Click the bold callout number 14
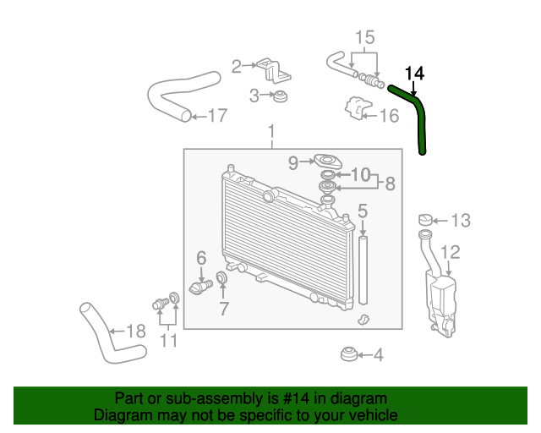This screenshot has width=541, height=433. [414, 74]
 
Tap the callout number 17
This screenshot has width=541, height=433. [218, 115]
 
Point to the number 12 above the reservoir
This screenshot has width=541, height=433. [451, 252]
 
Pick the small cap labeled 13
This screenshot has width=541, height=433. [426, 219]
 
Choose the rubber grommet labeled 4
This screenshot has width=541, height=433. [349, 354]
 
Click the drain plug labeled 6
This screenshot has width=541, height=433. [200, 287]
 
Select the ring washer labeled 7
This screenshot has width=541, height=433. [221, 277]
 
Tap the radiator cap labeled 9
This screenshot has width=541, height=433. [327, 162]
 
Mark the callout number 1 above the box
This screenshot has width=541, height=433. [272, 132]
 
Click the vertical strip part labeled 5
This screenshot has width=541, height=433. [363, 270]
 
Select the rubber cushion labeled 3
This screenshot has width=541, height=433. [280, 96]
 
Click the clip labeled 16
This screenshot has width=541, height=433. [358, 108]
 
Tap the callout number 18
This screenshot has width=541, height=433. [136, 332]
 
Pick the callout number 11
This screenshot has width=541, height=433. [169, 341]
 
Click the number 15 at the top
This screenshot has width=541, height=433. [365, 37]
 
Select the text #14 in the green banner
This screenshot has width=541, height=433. [296, 398]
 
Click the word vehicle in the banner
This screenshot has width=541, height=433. [376, 414]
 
